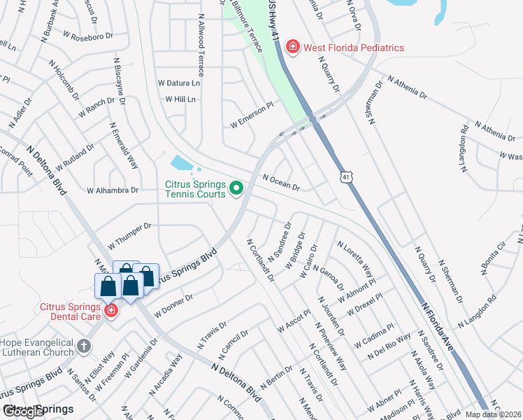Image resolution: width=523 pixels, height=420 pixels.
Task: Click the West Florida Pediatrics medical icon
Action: pyautogui.click(x=292, y=48)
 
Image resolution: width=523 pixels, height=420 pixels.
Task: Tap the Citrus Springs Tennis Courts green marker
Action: pyautogui.click(x=236, y=187)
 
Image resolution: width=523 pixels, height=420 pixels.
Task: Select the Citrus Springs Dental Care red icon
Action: pyautogui.click(x=110, y=309)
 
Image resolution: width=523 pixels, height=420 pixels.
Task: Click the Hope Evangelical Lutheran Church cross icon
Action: pyautogui.click(x=83, y=346)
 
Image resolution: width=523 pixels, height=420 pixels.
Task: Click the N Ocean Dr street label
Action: pyautogui.click(x=281, y=183)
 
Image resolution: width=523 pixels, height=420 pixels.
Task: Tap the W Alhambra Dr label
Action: pyautogui.click(x=112, y=190)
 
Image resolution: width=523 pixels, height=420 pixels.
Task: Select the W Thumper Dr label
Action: pyautogui.click(x=130, y=237)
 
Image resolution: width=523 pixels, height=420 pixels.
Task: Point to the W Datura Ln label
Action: pyautogui.click(x=178, y=83)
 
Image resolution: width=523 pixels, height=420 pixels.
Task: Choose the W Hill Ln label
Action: pyautogui.click(x=180, y=99)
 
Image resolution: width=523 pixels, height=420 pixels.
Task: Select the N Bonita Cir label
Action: pyautogui.click(x=492, y=258)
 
